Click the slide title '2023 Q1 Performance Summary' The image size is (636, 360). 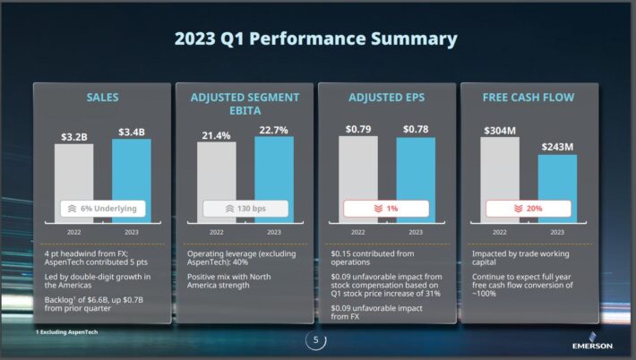click(x=315, y=39)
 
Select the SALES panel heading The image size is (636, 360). click(x=102, y=97)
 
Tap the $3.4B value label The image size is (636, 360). click(x=131, y=133)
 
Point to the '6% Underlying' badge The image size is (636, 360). click(x=102, y=209)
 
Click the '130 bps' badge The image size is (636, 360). click(x=245, y=209)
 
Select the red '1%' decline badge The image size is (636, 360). click(x=386, y=209)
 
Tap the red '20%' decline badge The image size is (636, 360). click(x=529, y=209)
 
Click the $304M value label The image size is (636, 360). click(x=500, y=131)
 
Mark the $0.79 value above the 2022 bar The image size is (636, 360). click(x=358, y=130)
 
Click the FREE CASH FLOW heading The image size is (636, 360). click(x=529, y=97)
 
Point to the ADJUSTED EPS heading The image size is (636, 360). click(x=386, y=97)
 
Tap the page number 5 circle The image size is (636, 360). click(x=315, y=340)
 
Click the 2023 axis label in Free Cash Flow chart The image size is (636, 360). click(x=557, y=231)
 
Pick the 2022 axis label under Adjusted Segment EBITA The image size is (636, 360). click(x=216, y=231)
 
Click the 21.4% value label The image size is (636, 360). click(x=216, y=135)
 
